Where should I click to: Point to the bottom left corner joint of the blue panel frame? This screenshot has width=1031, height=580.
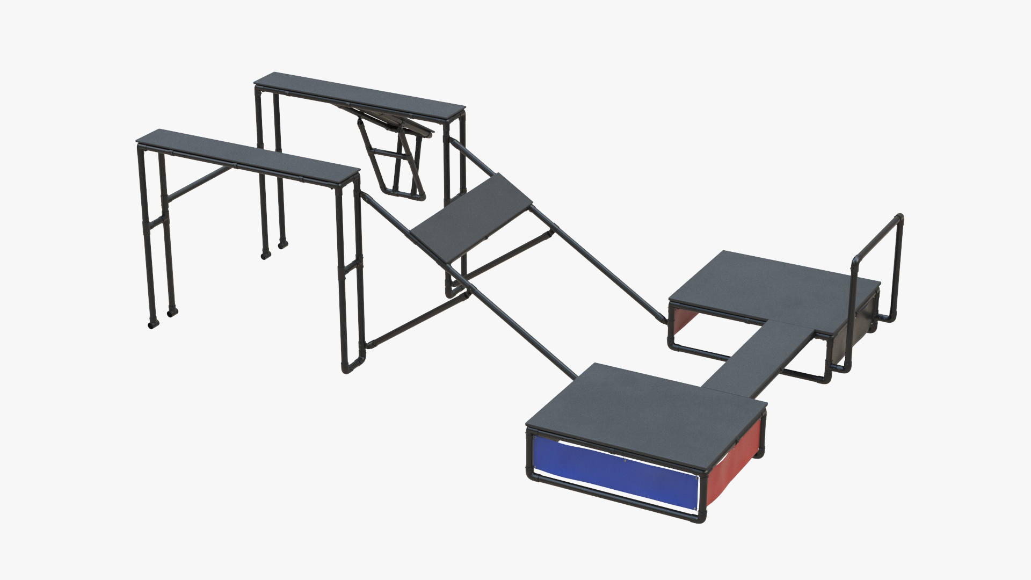click(532, 476)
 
